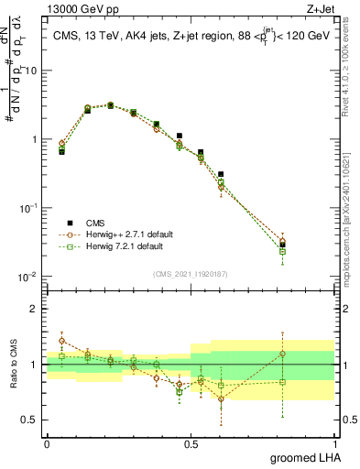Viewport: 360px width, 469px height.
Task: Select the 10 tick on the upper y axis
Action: [x=32, y=71]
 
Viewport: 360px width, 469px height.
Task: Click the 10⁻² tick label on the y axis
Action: [x=29, y=276]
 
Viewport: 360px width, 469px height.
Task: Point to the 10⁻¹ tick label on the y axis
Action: [x=29, y=208]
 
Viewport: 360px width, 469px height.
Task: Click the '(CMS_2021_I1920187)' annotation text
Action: [x=190, y=274]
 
